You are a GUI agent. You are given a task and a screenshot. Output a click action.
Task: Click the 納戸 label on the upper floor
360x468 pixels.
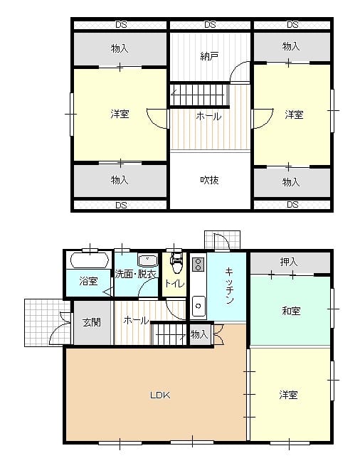(209, 56)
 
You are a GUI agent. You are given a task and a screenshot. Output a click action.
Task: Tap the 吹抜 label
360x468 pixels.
(209, 180)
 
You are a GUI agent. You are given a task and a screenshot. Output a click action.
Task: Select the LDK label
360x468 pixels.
(160, 395)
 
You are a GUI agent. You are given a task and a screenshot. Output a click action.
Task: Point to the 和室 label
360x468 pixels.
(291, 311)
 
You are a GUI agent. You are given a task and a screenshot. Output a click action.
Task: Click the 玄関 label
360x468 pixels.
(92, 322)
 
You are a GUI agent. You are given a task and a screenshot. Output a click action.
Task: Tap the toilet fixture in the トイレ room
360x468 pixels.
(176, 263)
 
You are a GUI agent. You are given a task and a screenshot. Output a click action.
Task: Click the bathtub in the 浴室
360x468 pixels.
(89, 260)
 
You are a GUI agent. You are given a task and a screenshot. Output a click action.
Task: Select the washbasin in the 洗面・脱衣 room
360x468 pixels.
(147, 260)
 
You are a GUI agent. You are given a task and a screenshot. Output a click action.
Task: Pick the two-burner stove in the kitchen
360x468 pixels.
(198, 264)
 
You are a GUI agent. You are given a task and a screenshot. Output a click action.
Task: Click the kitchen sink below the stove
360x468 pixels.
(198, 306)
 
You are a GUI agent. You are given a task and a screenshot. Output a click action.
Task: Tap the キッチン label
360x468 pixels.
(229, 286)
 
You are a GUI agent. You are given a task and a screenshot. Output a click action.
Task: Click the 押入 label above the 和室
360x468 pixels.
(289, 262)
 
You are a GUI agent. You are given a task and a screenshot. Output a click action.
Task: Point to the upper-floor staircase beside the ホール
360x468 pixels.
(199, 95)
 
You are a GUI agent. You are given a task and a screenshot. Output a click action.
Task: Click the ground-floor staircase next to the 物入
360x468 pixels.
(169, 334)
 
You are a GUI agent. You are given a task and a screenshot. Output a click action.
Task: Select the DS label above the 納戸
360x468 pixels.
(210, 25)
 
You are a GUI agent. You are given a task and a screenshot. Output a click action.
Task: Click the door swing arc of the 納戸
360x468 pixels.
(238, 69)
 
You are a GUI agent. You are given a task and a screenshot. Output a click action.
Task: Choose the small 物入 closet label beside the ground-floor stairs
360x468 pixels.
(199, 334)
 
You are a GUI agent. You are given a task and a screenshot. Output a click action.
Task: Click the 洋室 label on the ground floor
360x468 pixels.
(289, 395)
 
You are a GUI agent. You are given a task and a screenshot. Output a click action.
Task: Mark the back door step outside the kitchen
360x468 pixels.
(223, 240)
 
